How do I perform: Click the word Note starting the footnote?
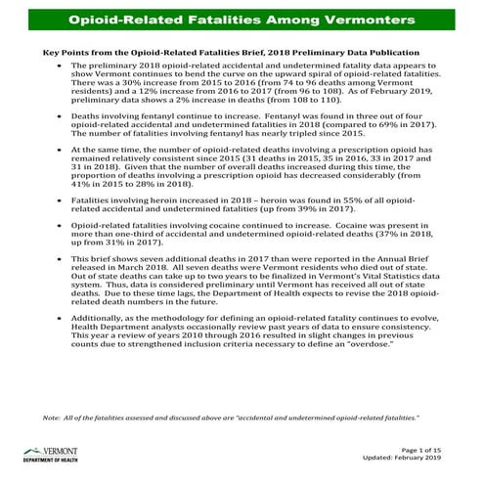pyautogui.click(x=53, y=418)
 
